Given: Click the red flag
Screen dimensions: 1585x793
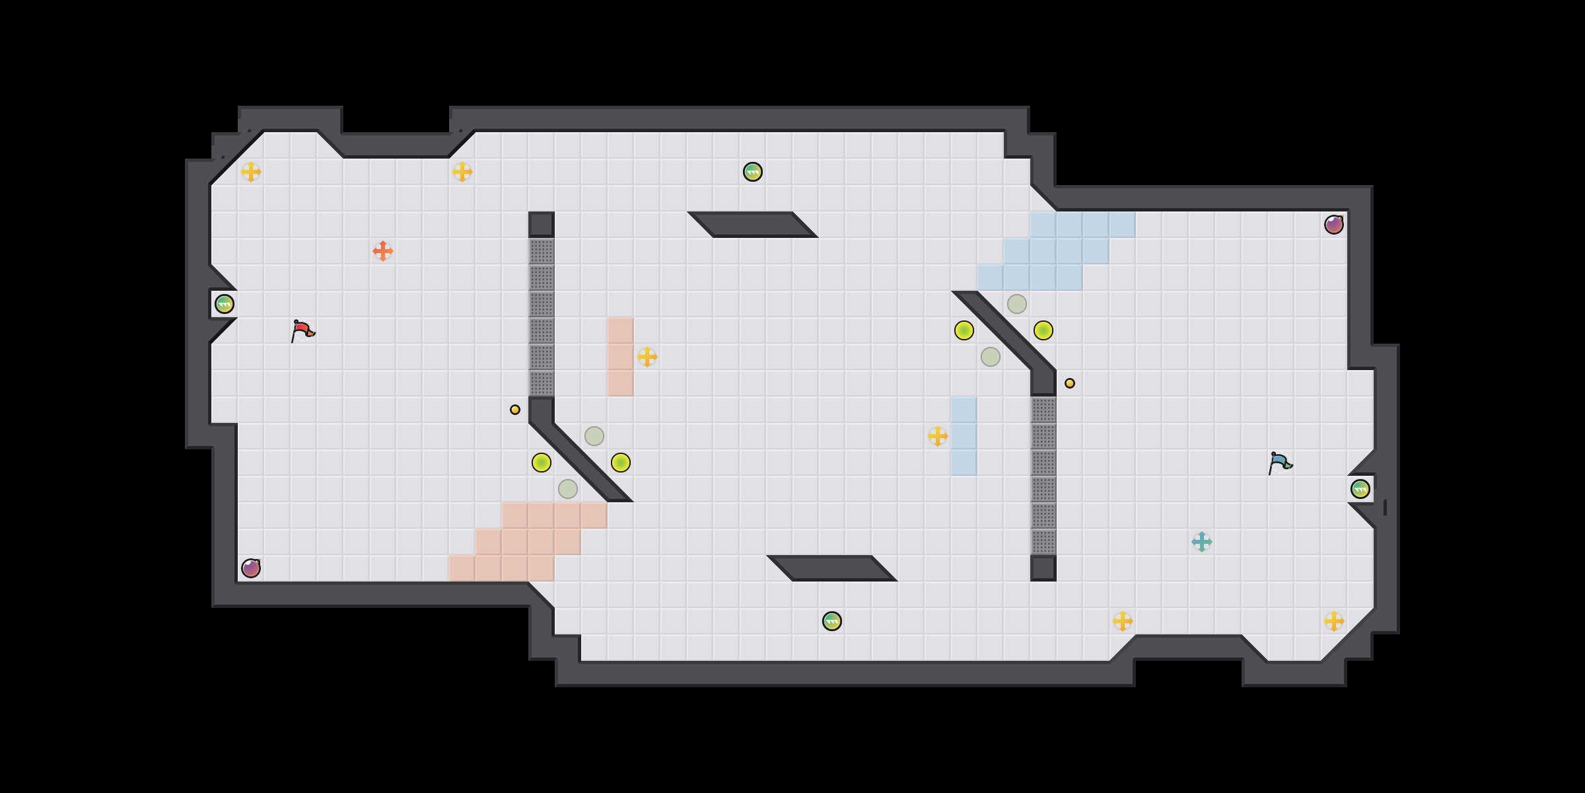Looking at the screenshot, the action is coord(302,330).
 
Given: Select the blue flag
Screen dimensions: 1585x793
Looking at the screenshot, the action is coord(1280,462).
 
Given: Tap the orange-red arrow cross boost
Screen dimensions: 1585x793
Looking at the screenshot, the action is coord(383,251).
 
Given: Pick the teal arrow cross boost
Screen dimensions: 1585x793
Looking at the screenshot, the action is coord(1202,542).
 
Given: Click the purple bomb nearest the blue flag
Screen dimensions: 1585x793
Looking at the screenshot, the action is coord(1334,225).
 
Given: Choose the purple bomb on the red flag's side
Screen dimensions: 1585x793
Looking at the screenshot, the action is coord(251,568).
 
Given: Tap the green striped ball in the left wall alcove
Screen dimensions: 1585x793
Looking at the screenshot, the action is coord(225,304).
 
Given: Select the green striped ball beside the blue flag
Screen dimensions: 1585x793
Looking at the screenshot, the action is coord(1360,489).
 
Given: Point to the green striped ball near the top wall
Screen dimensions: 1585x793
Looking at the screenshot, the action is coord(753,172).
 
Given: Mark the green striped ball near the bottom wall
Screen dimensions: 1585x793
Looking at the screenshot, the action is coord(832,621).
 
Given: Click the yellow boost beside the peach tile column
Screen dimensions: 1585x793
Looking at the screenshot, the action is coord(647,357).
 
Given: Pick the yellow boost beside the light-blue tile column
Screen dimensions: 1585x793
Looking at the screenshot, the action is coord(938,436).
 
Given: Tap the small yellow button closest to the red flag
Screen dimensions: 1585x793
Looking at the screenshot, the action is coord(515,410).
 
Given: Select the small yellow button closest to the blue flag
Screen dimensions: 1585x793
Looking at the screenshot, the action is coord(1070,383).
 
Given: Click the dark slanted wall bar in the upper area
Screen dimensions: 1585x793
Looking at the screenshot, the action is coord(753,225).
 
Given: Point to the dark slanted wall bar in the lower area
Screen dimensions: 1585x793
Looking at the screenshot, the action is coord(832,568).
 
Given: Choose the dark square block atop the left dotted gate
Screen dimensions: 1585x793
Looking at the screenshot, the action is coord(542,225).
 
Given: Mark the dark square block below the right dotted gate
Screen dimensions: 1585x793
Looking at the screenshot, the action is coord(1043,568).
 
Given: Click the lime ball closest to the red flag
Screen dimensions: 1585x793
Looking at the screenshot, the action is coord(542,463).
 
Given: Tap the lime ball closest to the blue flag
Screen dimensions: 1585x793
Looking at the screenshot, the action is coord(1043,330).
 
